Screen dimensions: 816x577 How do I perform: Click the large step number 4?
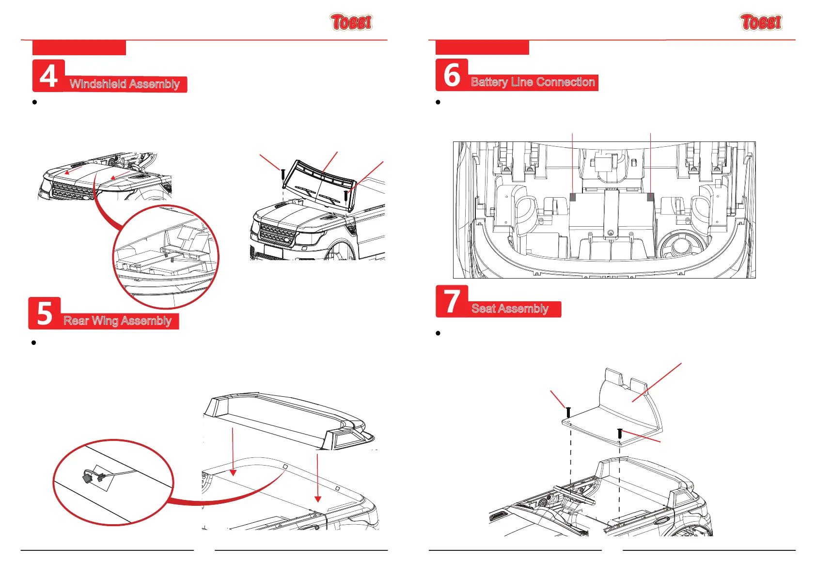(48, 76)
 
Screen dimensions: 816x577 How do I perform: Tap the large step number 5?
(45, 313)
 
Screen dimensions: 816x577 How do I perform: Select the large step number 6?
(452, 75)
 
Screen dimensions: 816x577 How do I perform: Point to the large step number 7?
(452, 301)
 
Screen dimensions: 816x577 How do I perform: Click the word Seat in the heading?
(483, 309)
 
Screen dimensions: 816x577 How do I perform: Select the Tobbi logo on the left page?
(351, 22)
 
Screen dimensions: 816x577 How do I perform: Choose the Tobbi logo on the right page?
(761, 22)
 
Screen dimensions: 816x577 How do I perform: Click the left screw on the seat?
(568, 412)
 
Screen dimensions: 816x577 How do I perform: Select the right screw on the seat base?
(620, 433)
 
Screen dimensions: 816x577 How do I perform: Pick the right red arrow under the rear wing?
(317, 477)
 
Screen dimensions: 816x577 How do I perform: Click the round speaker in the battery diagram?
(680, 245)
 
